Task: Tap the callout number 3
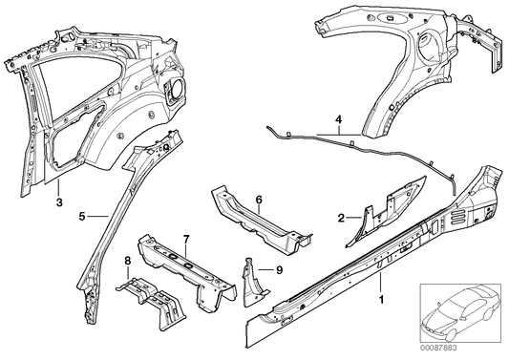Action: coord(59,201)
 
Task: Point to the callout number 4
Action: coord(337,121)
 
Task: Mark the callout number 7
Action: coord(186,237)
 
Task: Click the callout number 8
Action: coord(128,260)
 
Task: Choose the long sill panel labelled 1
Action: coord(382,253)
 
